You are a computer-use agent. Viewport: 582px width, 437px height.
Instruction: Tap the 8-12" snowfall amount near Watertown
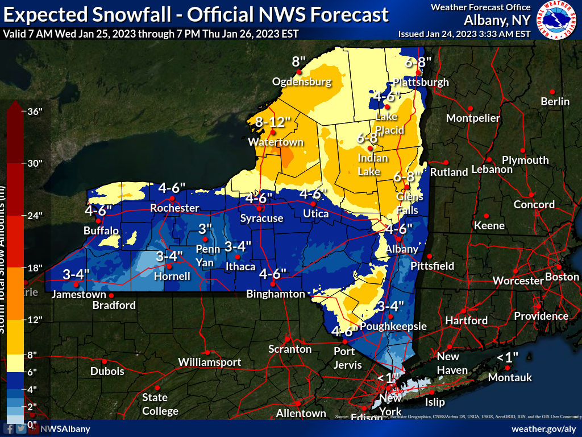click(x=273, y=122)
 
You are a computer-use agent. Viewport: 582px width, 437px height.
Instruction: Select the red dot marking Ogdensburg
click(x=299, y=72)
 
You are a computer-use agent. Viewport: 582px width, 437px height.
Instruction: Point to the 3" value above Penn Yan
click(x=205, y=229)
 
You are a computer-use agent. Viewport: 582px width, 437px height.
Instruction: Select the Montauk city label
click(x=510, y=377)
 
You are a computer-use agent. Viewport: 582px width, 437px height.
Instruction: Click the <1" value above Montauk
click(x=508, y=357)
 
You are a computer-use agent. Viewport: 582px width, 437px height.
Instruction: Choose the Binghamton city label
click(x=276, y=294)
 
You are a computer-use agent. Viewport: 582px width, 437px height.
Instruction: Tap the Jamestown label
click(x=78, y=295)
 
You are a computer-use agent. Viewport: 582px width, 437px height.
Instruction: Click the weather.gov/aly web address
click(x=544, y=428)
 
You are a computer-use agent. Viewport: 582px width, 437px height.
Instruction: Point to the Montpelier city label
click(x=473, y=118)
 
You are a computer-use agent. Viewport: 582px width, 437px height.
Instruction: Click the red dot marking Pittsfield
click(x=430, y=255)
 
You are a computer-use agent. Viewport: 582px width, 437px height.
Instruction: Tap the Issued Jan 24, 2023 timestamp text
click(x=464, y=34)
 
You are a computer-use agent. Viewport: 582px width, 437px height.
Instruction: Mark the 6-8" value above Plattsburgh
click(x=418, y=61)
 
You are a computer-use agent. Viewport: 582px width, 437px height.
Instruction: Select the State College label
click(x=155, y=404)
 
